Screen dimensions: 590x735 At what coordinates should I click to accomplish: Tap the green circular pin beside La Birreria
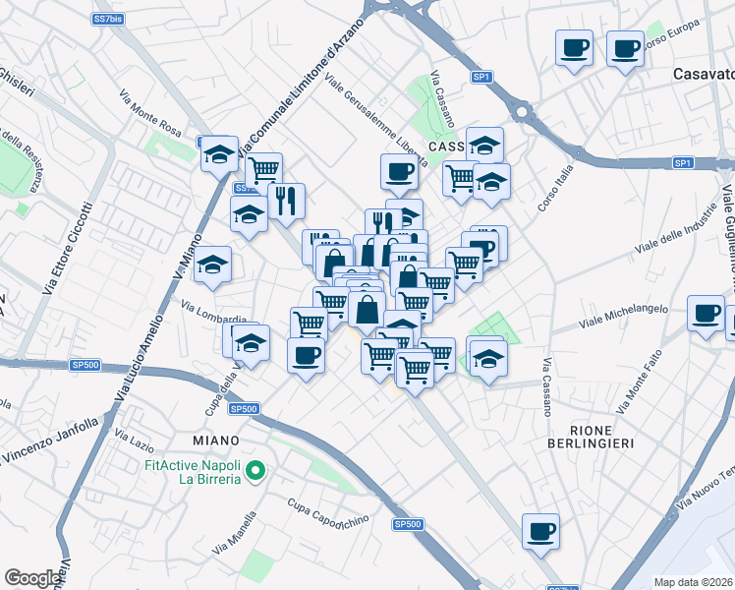pos(256,471)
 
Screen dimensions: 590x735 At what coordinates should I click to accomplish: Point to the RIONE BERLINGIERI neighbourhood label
pos(602,437)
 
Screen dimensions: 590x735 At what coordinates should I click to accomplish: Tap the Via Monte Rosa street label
pos(150,113)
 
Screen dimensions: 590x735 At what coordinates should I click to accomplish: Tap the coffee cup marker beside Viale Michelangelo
pos(706,314)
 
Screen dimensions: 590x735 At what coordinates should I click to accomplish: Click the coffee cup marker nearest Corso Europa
pos(624,48)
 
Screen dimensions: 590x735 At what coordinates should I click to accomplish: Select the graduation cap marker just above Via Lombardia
pos(212,265)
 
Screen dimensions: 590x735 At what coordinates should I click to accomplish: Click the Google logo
pos(32,578)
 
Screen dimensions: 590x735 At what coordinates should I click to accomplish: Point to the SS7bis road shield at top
pos(107,19)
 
